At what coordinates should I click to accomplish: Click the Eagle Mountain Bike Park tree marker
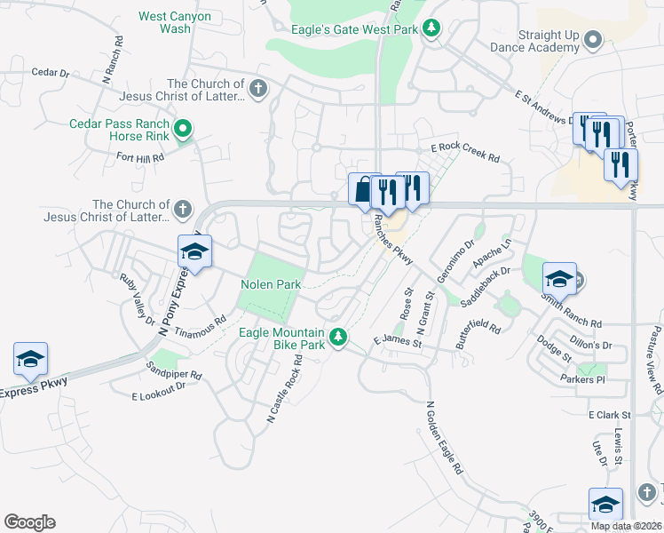click(x=337, y=337)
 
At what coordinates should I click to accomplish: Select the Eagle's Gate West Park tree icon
click(x=431, y=28)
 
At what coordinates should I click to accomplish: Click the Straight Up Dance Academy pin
click(x=594, y=40)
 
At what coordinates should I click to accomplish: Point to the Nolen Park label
click(x=272, y=284)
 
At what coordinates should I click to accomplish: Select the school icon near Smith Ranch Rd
click(x=559, y=279)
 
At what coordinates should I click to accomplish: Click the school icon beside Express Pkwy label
click(x=30, y=359)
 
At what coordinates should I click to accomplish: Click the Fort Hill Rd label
click(x=140, y=157)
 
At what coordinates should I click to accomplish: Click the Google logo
click(x=29, y=522)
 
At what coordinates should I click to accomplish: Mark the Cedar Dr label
click(x=49, y=73)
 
